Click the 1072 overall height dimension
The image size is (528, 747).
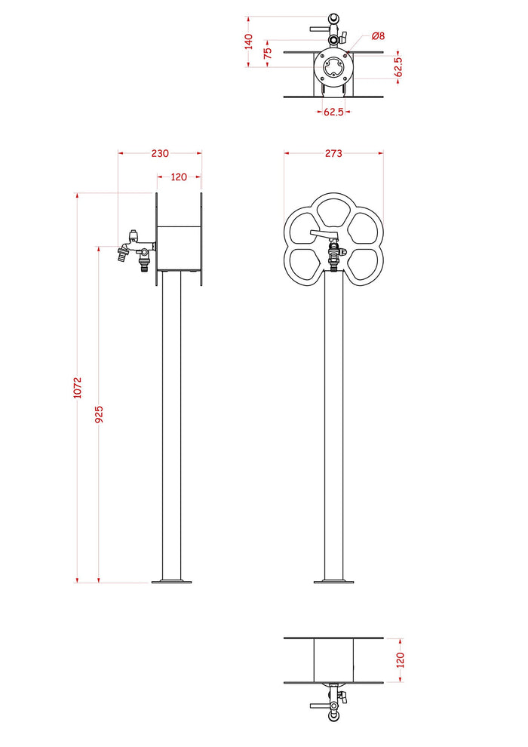pyautogui.click(x=78, y=388)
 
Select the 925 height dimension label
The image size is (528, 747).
pyautogui.click(x=99, y=414)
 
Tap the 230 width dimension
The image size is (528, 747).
pyautogui.click(x=160, y=153)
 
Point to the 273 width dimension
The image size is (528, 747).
pyautogui.click(x=333, y=153)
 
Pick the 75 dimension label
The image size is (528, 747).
pyautogui.click(x=267, y=54)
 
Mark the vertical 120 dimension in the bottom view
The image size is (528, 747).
pyautogui.click(x=401, y=660)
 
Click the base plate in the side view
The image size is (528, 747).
pyautogui.click(x=172, y=581)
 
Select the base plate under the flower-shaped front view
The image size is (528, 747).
pyautogui.click(x=333, y=581)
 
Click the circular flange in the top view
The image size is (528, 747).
pyautogui.click(x=333, y=66)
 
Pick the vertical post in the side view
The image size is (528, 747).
pyautogui.click(x=172, y=423)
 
